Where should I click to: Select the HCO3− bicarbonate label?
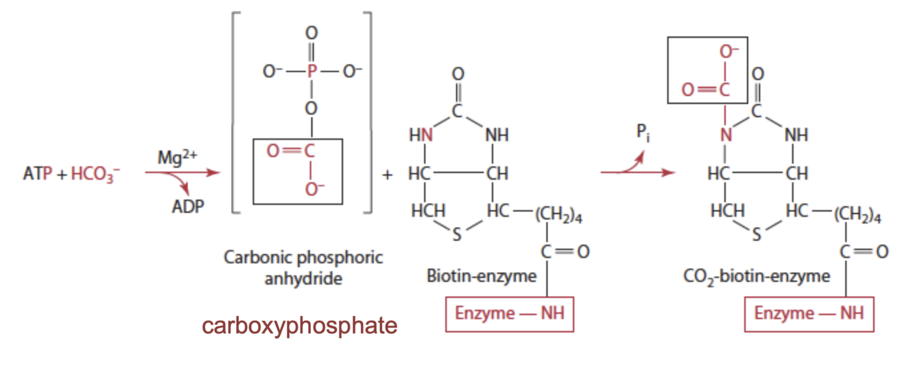93,175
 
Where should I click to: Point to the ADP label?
187,206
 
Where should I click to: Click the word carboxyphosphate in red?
299,326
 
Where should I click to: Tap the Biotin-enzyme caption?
481,277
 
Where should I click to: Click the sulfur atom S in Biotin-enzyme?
457,236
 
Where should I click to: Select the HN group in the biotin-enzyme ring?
421,135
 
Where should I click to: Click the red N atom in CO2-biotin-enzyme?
726,135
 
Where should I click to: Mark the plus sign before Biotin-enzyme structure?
388,175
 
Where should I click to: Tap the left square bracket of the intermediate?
235,113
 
